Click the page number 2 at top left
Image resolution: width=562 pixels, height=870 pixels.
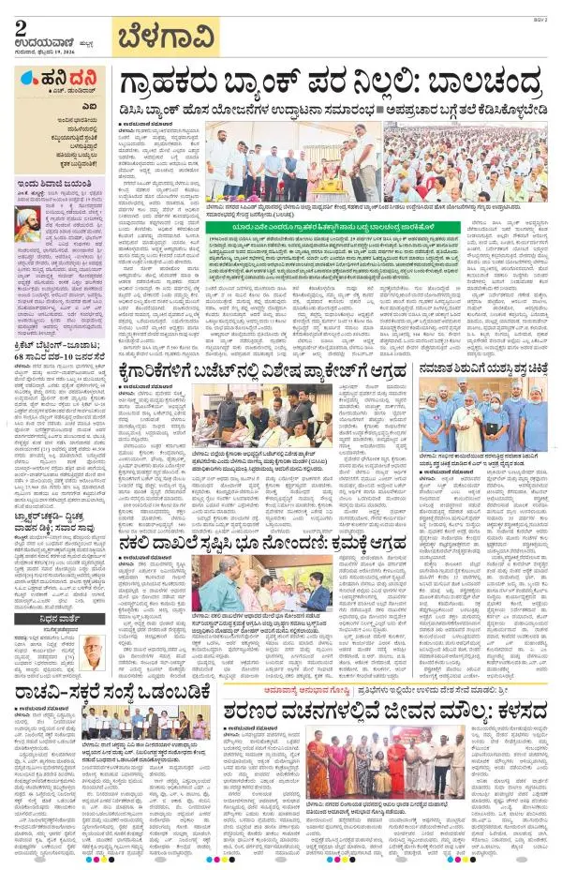[x=20, y=28]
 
